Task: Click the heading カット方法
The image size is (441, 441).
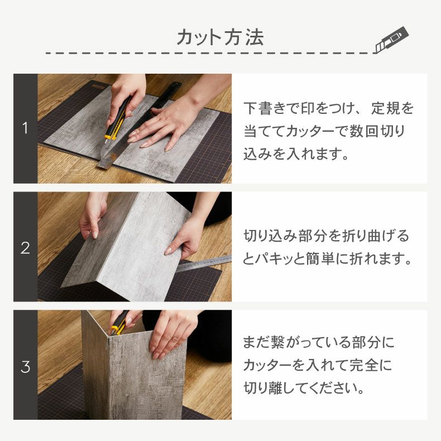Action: click(220, 37)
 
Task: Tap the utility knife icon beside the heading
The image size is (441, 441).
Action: click(392, 40)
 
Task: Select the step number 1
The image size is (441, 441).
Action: click(25, 128)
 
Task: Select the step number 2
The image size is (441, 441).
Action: click(25, 248)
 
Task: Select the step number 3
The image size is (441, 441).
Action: click(25, 367)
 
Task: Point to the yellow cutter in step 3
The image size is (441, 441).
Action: click(118, 323)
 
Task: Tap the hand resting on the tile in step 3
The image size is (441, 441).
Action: click(168, 335)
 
